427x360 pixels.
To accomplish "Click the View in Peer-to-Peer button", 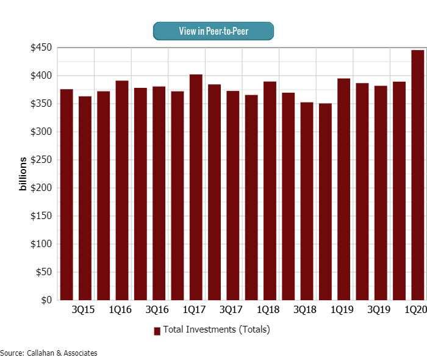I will click(213, 31).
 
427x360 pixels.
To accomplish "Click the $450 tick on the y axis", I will click(41, 48).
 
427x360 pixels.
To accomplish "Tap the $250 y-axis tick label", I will click(41, 160).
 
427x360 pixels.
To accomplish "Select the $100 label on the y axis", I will click(41, 244).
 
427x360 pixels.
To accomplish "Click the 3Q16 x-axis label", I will click(157, 311).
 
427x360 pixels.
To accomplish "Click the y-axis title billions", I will click(23, 174).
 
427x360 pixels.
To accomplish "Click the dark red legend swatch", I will click(157, 331).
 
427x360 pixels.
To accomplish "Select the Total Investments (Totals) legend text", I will click(216, 329).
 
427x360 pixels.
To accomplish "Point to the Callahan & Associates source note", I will click(49, 353).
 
